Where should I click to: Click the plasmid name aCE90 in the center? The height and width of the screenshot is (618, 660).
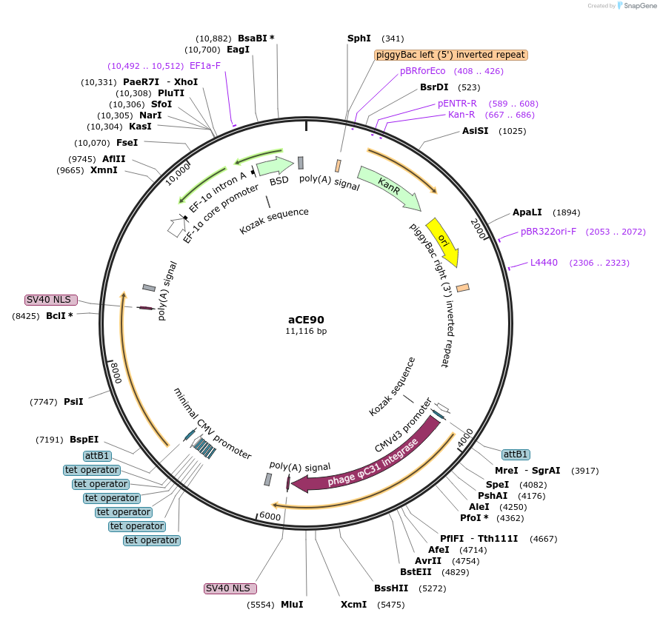[306, 320]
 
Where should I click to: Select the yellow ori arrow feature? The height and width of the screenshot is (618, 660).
[444, 241]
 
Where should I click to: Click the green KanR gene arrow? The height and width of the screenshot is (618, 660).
[388, 188]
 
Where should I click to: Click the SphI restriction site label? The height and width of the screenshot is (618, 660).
[359, 38]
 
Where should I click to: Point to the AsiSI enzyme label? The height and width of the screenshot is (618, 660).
[476, 131]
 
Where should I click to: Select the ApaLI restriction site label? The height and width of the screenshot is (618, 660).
[527, 212]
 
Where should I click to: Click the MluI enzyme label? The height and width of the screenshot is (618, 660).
[292, 605]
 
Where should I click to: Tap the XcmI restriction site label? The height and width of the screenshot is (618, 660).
[353, 605]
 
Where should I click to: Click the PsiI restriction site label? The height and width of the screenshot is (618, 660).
[73, 402]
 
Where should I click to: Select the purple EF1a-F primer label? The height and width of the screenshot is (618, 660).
[205, 66]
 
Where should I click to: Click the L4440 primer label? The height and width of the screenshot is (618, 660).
[544, 263]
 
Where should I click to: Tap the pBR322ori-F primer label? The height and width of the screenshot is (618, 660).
[548, 232]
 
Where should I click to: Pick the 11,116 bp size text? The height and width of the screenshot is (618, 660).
[306, 332]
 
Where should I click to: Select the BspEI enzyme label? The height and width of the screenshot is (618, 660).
[84, 440]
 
